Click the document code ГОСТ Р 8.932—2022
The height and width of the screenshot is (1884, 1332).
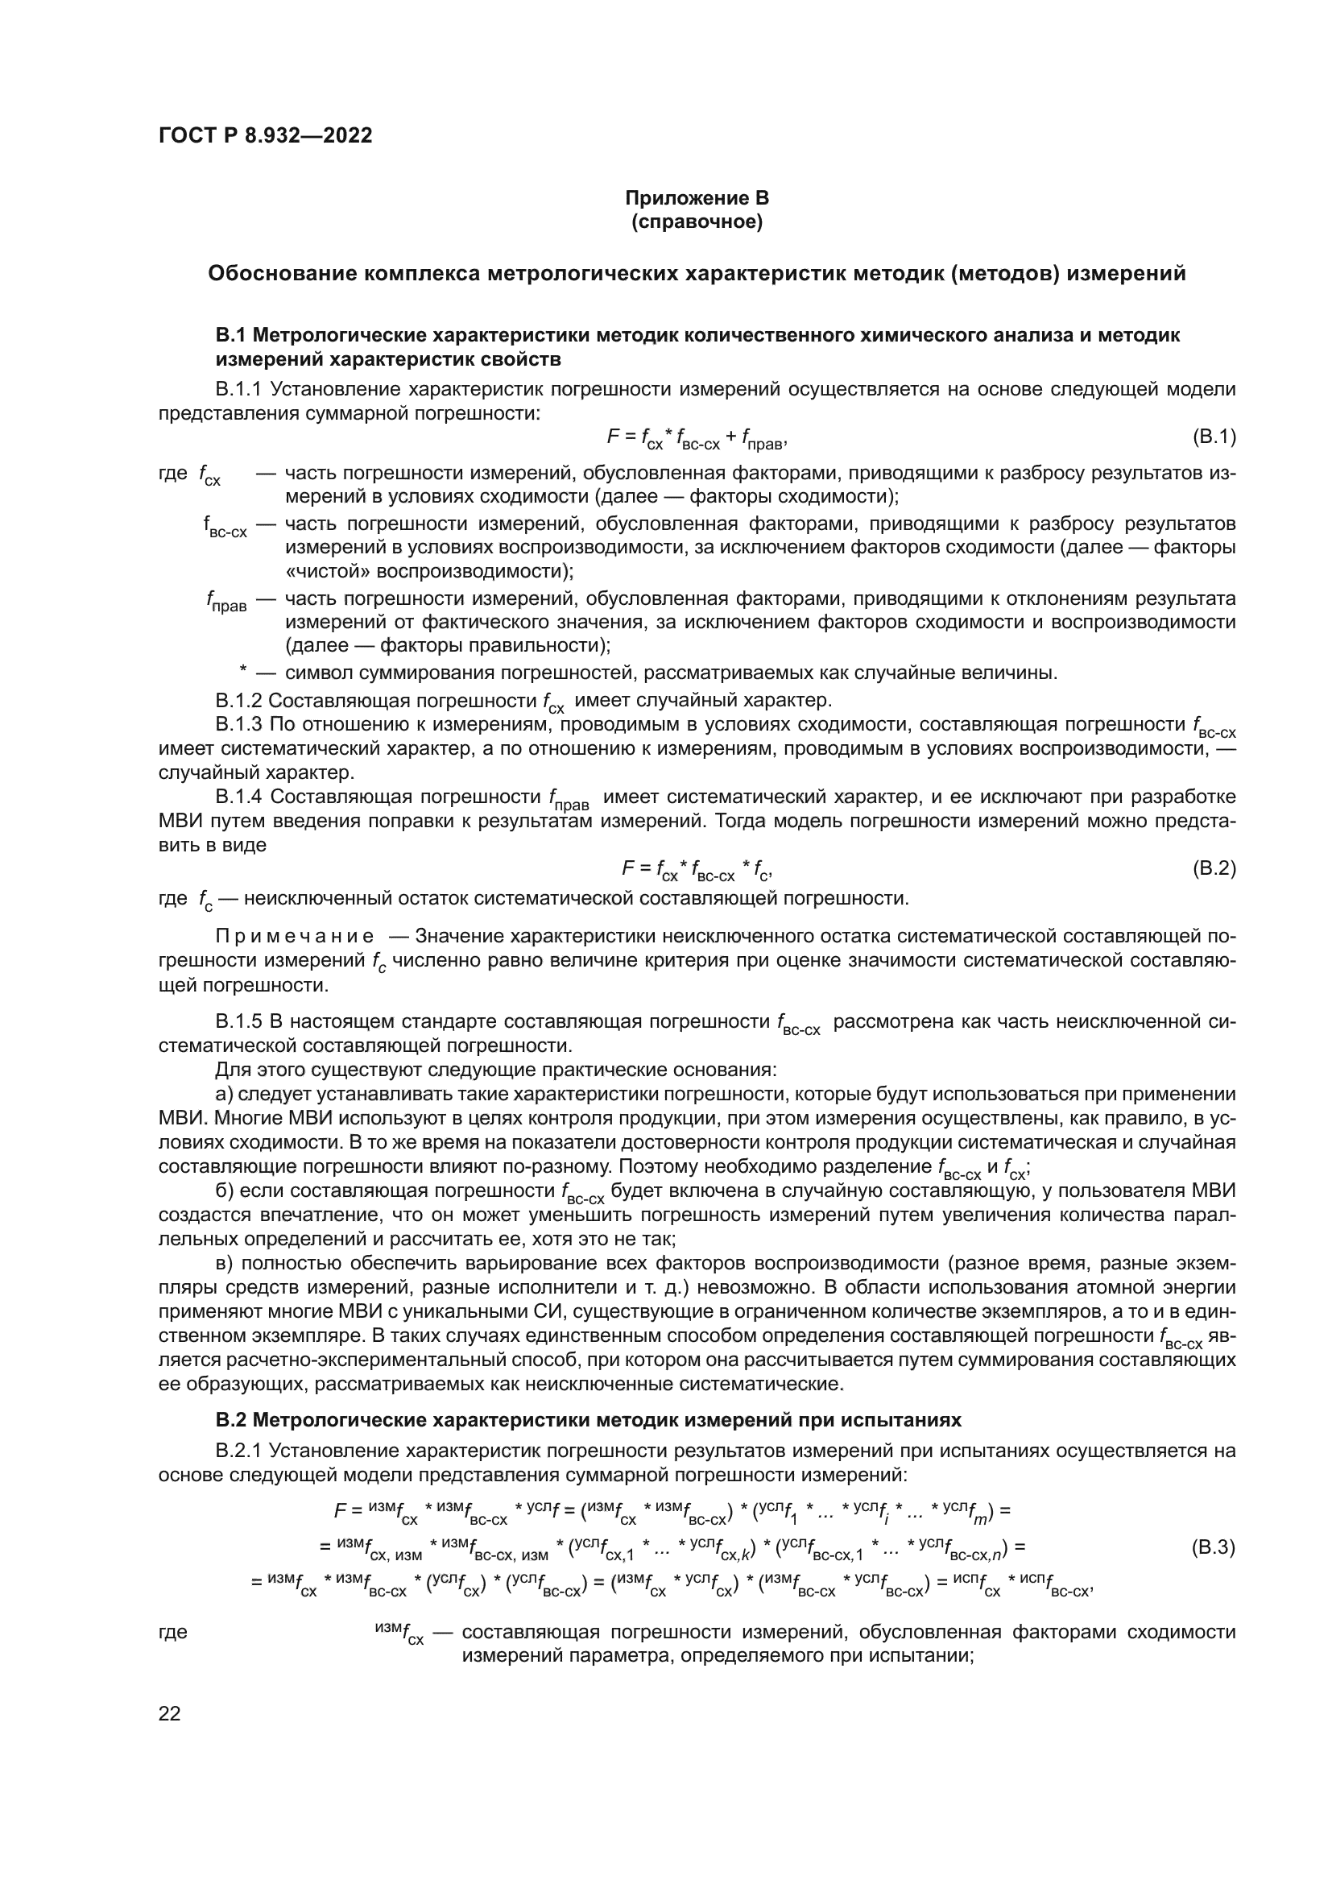265,135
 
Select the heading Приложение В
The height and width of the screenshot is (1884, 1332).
697,198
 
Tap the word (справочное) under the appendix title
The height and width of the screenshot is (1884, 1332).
697,222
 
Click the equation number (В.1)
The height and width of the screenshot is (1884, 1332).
1213,437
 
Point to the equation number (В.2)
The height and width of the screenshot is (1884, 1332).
1213,868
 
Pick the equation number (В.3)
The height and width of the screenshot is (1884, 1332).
1212,1548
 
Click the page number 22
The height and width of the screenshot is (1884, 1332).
169,1713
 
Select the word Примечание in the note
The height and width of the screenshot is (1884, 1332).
295,936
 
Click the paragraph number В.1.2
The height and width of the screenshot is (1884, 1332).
238,701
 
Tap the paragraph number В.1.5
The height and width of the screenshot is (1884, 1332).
238,1021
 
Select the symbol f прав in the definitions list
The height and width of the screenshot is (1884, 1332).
225,603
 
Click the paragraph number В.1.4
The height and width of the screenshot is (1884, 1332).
238,797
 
